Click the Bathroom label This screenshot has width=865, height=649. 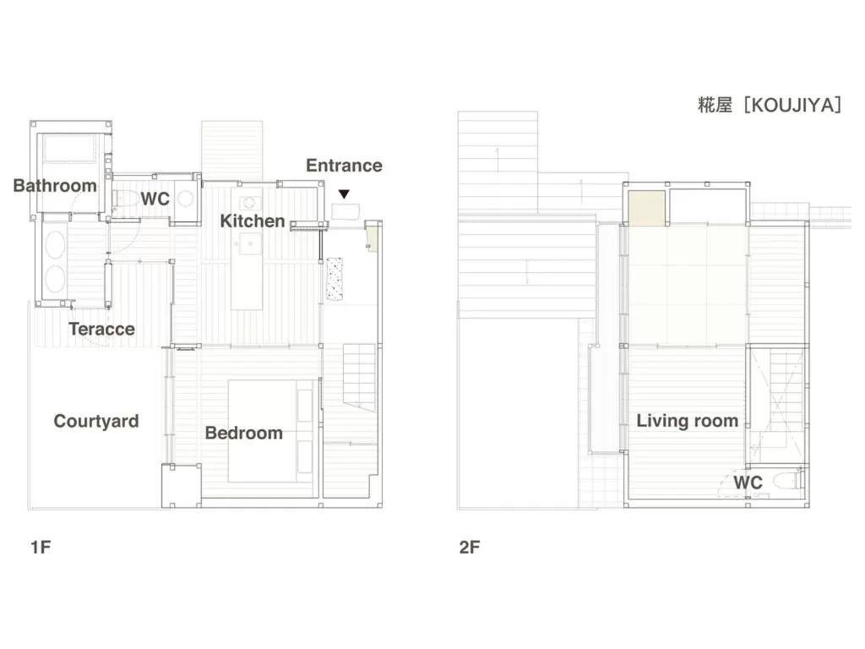(x=55, y=186)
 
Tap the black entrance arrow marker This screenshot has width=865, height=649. (x=344, y=194)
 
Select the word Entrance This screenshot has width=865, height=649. (x=344, y=166)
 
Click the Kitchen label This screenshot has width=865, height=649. (x=253, y=221)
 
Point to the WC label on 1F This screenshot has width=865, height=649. (x=155, y=200)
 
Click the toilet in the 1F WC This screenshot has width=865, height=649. (x=123, y=200)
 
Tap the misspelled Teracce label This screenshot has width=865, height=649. (x=101, y=329)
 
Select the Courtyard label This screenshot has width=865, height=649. (x=96, y=421)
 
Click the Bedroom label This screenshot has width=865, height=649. (x=244, y=433)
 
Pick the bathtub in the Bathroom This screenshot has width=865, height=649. (x=72, y=150)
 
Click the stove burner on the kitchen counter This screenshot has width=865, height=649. (x=249, y=203)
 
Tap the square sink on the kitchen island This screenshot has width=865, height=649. (x=249, y=245)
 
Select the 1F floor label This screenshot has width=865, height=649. (x=41, y=547)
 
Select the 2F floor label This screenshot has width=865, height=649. (x=470, y=547)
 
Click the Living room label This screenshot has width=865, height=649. (x=687, y=421)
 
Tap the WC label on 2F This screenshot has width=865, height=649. (x=748, y=483)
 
